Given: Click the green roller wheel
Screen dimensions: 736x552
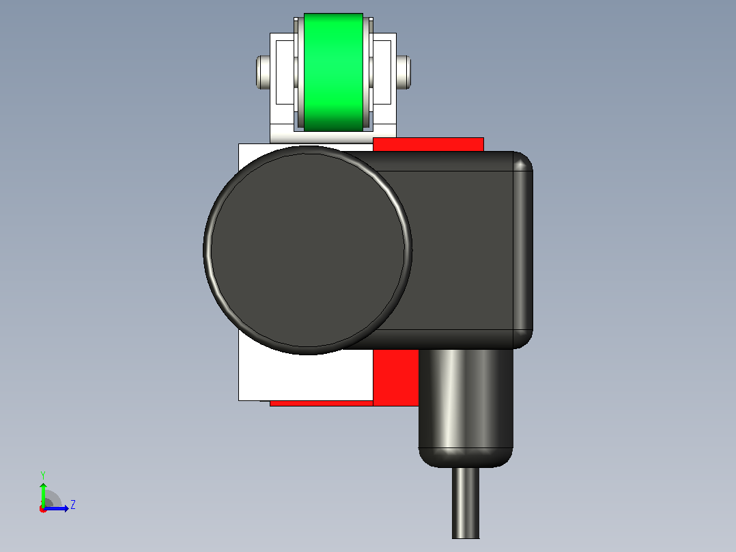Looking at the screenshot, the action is pyautogui.click(x=333, y=72).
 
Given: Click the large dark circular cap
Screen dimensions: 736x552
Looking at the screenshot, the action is pyautogui.click(x=307, y=250).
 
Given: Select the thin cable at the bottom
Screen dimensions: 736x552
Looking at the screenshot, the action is pyautogui.click(x=466, y=503).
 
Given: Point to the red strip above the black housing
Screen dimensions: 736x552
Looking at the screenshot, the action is pyautogui.click(x=428, y=144).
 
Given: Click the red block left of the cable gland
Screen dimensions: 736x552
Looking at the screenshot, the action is pyautogui.click(x=396, y=377).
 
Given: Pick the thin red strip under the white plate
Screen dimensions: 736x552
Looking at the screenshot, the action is pyautogui.click(x=321, y=403).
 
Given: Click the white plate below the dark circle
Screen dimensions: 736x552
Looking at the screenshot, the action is pyautogui.click(x=305, y=376).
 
